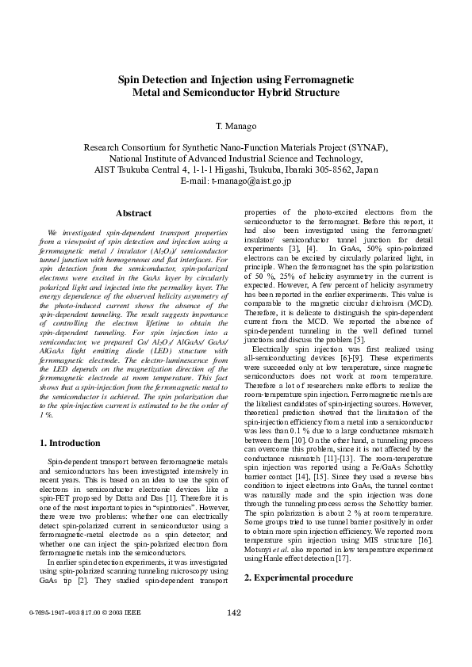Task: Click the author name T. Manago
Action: pos(236,127)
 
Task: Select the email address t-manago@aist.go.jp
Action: pos(251,181)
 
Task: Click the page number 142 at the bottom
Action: pos(235,633)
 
